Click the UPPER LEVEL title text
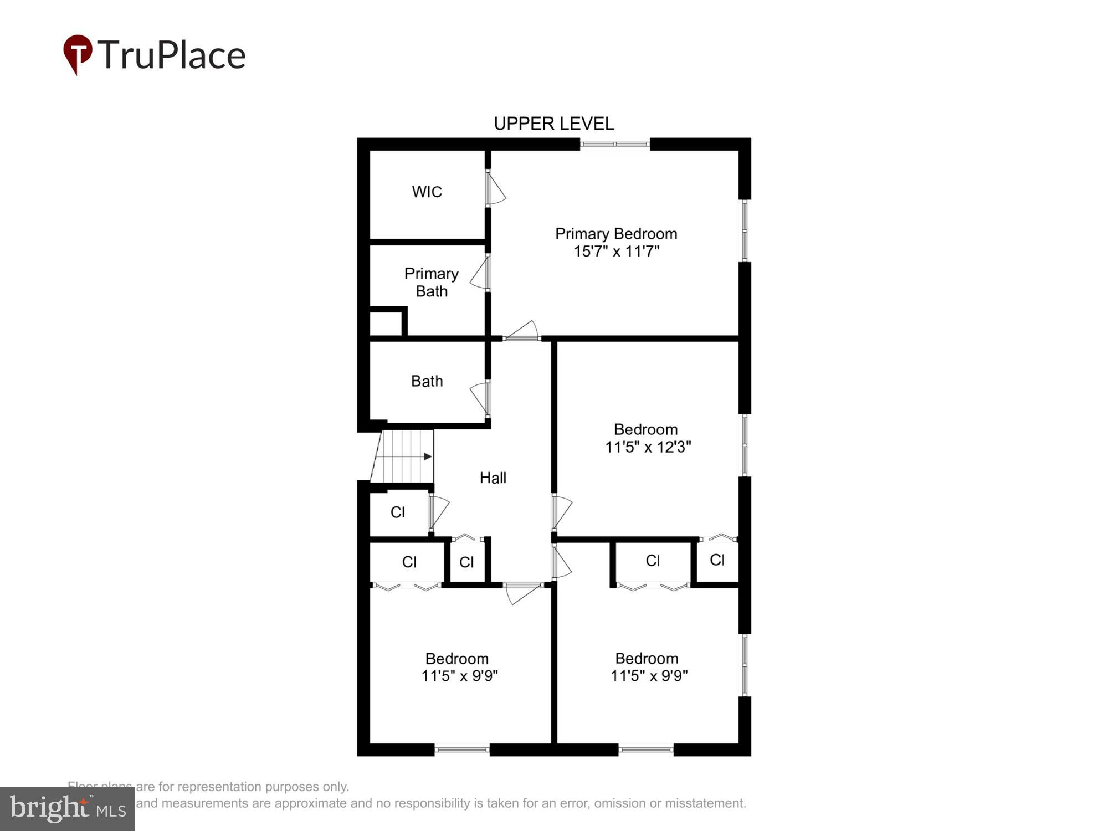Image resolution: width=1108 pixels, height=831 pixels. click(x=553, y=124)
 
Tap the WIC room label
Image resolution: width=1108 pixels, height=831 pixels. click(x=427, y=192)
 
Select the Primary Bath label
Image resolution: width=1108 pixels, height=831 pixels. click(x=431, y=283)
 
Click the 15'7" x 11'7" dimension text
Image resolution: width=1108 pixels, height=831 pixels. click(x=616, y=252)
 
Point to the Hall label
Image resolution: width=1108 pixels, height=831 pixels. click(x=493, y=478)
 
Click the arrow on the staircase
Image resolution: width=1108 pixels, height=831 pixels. click(x=427, y=456)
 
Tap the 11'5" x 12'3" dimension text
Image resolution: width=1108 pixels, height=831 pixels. click(x=648, y=447)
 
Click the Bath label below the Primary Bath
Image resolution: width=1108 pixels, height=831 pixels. click(x=427, y=381)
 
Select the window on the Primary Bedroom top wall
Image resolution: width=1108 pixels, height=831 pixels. click(x=614, y=145)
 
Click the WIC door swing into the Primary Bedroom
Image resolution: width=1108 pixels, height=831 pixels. click(x=496, y=188)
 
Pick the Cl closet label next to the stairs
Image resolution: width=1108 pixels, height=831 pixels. click(x=398, y=512)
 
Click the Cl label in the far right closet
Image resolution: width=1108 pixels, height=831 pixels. click(x=717, y=560)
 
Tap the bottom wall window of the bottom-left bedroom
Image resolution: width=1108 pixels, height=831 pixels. click(x=461, y=750)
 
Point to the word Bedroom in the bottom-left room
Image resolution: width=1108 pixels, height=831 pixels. click(x=456, y=659)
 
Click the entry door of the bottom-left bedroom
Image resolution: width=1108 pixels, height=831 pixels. click(x=522, y=593)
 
